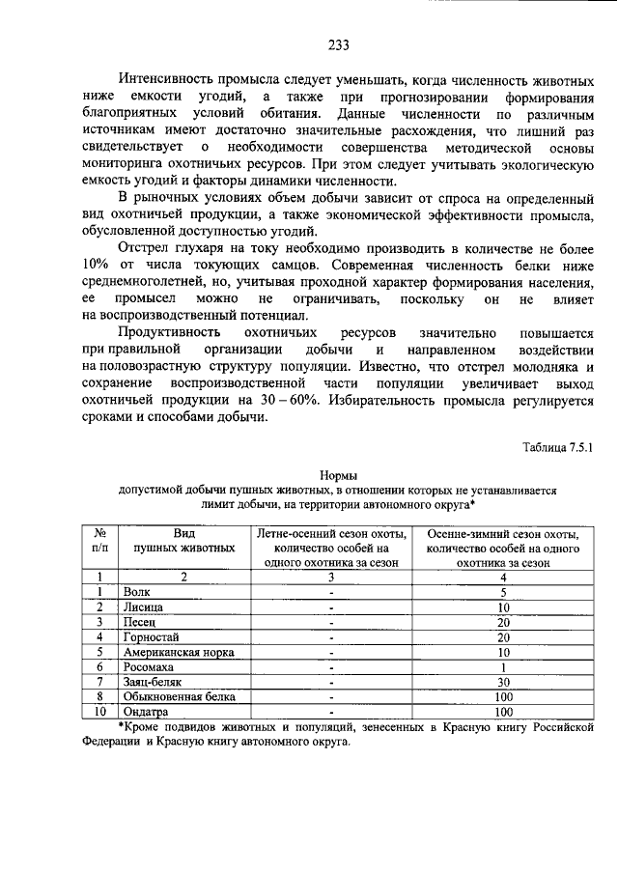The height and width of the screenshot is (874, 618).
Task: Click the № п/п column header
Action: [x=99, y=539]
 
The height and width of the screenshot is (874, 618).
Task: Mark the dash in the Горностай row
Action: [x=330, y=636]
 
